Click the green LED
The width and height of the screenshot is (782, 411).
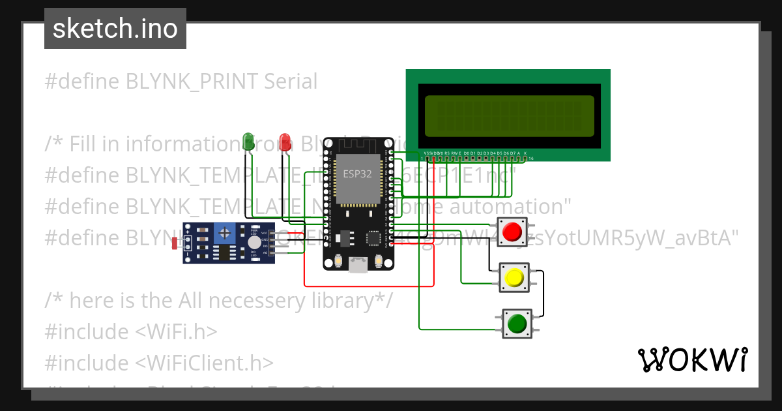(x=248, y=142)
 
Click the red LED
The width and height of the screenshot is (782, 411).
(x=285, y=142)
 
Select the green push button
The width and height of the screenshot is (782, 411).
(x=517, y=324)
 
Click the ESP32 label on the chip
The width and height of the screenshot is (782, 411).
(x=356, y=174)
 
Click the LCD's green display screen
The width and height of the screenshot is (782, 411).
(x=509, y=115)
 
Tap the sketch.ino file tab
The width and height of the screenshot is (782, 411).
(x=115, y=29)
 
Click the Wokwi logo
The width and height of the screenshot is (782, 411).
(x=692, y=359)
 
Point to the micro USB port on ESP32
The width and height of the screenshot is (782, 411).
(x=358, y=264)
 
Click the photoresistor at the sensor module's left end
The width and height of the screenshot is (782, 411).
(x=175, y=243)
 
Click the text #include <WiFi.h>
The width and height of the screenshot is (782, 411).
(x=131, y=331)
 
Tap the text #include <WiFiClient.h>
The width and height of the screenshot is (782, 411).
(x=159, y=362)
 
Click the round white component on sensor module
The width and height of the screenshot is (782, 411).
(x=253, y=242)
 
